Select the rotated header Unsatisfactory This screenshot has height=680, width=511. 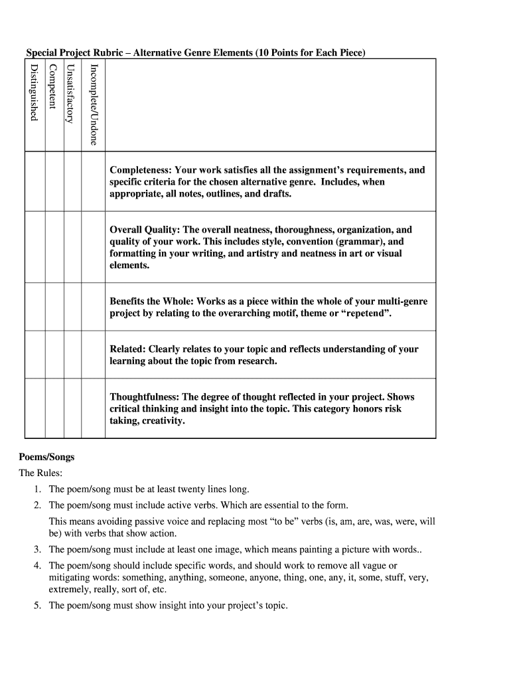point(70,93)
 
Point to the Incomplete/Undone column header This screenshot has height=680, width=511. point(94,104)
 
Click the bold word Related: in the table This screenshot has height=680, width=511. point(127,349)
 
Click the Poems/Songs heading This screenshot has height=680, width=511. point(46,457)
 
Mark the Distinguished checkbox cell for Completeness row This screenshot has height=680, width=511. point(35,182)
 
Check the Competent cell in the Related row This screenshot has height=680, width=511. point(54,355)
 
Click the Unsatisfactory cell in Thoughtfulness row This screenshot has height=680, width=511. point(72,408)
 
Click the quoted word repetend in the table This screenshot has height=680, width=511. point(366,313)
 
